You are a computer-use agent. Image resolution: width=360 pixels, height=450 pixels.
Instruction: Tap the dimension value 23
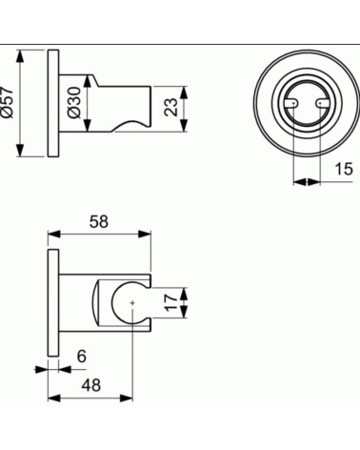coord(171,102)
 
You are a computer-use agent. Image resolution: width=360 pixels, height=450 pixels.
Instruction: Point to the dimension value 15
coord(345,171)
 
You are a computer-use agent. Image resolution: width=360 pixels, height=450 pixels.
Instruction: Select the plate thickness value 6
coord(81,356)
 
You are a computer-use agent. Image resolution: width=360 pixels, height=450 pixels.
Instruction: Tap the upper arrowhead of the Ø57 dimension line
coord(21,52)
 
